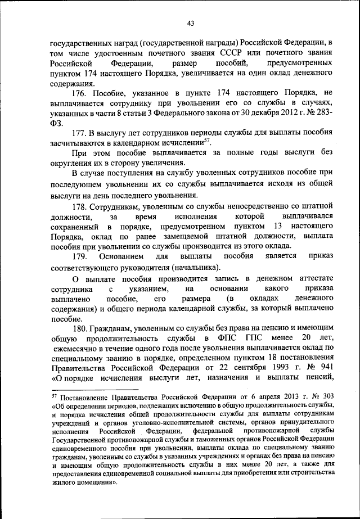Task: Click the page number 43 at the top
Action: [191, 23]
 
